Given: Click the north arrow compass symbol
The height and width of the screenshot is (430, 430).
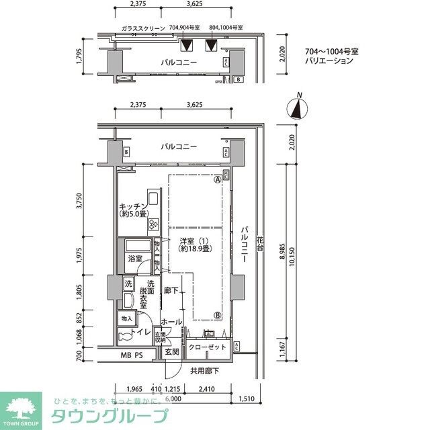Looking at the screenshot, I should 296,109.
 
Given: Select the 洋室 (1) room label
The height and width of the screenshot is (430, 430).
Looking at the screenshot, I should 193,245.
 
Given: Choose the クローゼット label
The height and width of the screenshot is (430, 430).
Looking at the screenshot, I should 208,348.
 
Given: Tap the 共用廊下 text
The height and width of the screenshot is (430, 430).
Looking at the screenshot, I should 204,370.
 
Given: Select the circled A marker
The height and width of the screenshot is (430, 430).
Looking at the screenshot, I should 218,180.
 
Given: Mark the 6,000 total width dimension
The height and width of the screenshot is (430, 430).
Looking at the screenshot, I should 175,397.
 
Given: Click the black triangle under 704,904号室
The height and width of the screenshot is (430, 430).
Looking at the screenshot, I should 187,46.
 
